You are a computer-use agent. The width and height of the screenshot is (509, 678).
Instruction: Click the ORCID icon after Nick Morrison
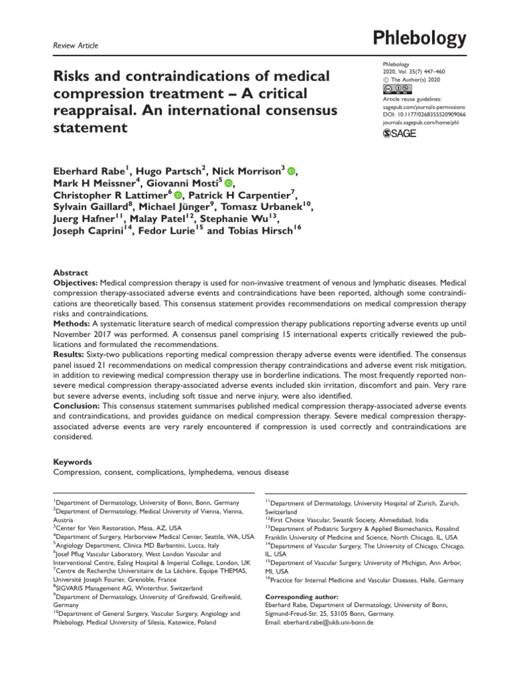[x=290, y=171]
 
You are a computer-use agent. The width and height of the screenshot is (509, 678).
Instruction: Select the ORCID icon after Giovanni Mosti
[x=229, y=183]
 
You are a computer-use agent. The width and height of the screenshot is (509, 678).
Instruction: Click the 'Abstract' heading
[x=70, y=272]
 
